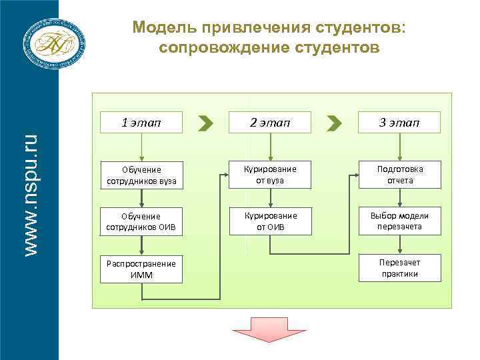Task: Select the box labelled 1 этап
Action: pos(141,123)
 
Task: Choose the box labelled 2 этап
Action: pos(270,123)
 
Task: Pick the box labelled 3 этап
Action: pos(399,123)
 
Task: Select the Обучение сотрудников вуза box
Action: pos(141,175)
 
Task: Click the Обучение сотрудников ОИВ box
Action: pos(141,221)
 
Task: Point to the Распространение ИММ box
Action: pos(141,269)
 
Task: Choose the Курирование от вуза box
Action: pos(270,175)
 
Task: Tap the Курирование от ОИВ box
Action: pos(270,221)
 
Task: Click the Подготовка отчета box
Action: pos(399,175)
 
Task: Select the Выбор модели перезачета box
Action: pos(399,221)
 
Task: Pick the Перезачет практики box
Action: pos(399,268)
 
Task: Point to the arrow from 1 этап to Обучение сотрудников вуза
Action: pos(141,147)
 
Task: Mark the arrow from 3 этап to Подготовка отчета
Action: pos(399,147)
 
